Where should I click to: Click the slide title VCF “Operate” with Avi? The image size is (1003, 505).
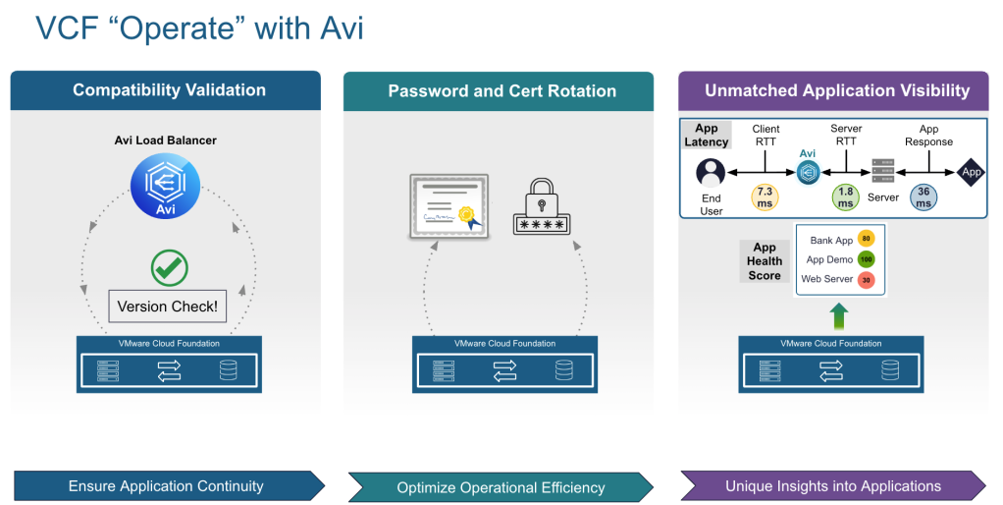coord(199,28)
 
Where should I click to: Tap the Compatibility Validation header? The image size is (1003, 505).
coord(169,90)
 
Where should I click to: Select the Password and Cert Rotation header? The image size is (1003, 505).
coord(501,91)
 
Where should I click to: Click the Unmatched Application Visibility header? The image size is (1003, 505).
coord(836,90)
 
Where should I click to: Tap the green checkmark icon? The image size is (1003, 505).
coord(169,267)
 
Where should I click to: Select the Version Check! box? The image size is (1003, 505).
coord(167,306)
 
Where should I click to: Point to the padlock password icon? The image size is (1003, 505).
coord(540,206)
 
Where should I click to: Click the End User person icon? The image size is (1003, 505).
coord(711,173)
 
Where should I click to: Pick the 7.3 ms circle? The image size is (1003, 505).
coord(765,196)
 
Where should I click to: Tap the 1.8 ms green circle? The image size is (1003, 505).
coord(845,196)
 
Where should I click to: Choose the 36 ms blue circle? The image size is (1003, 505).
coord(923,196)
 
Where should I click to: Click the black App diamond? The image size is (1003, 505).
coord(971,171)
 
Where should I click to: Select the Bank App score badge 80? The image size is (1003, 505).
coord(866,239)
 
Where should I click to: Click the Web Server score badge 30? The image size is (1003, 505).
coord(866,280)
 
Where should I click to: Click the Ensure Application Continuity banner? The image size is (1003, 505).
coord(167,485)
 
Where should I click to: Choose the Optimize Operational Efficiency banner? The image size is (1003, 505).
coord(501,486)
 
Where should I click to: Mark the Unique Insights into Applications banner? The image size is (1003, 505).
coord(833,485)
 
